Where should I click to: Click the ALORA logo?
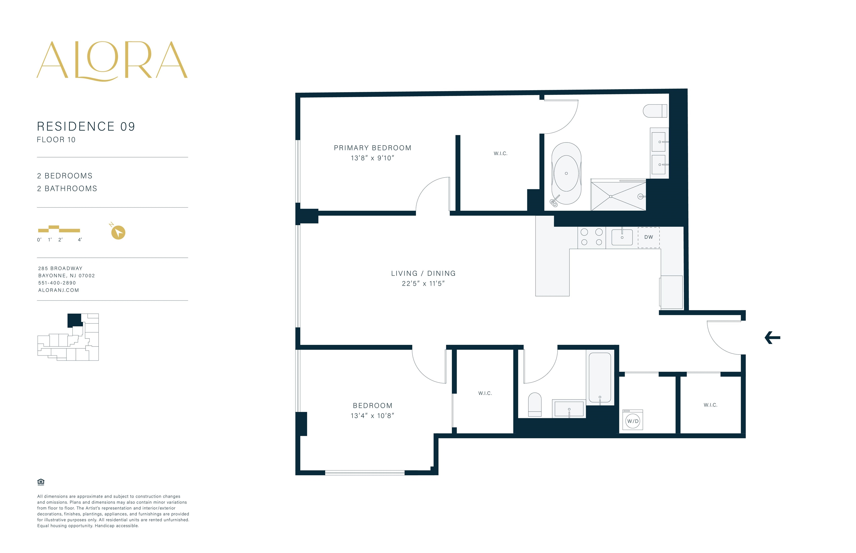(112, 61)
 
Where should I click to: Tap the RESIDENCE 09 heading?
(86, 126)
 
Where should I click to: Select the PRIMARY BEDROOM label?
(373, 148)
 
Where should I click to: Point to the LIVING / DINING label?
(423, 273)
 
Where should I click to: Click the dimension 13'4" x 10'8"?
(373, 416)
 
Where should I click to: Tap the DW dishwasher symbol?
(649, 237)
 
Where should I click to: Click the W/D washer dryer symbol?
(633, 421)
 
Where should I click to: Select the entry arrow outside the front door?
(772, 338)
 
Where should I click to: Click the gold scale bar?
(59, 229)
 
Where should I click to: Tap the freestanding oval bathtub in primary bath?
(566, 173)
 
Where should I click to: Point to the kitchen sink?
(622, 237)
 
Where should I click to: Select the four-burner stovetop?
(591, 237)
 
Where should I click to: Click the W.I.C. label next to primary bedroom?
(500, 153)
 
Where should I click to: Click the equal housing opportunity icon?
(41, 482)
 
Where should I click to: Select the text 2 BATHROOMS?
(67, 188)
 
